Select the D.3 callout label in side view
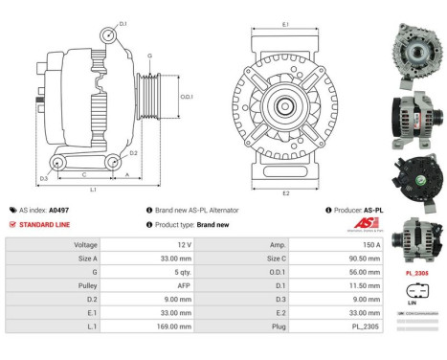click(x=44, y=179)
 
